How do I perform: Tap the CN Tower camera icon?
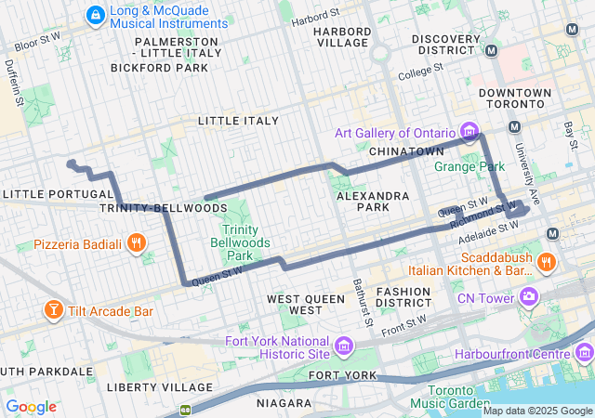tap(529, 298)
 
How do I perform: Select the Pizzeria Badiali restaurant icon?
tap(137, 244)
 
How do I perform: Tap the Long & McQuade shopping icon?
tap(94, 15)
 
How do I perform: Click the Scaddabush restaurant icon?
tap(546, 262)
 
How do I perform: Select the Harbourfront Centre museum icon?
tap(584, 353)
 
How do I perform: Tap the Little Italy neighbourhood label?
tap(238, 121)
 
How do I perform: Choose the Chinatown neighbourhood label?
tap(405, 150)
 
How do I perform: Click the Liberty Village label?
tap(153, 386)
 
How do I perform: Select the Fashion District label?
tap(403, 297)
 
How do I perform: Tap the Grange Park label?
tap(469, 167)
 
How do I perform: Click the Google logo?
tap(32, 407)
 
